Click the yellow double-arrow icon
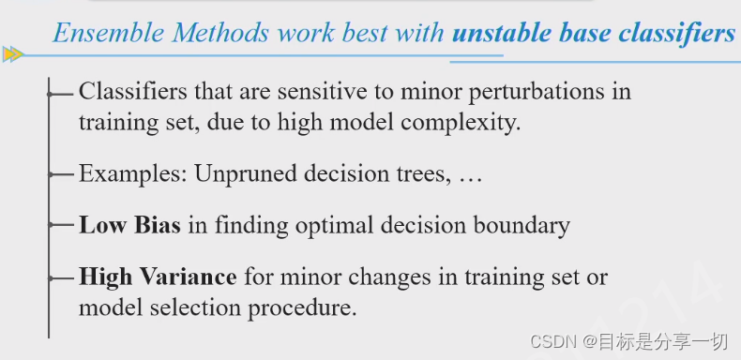tap(13, 54)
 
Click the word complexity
tap(461, 124)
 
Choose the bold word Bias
tap(157, 225)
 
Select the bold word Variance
tap(190, 277)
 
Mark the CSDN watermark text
tap(628, 341)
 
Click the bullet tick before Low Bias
tap(61, 225)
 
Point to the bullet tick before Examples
tap(61, 174)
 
